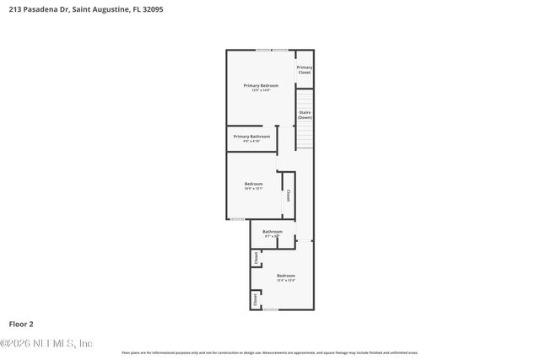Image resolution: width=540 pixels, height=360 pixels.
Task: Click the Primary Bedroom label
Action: pos(261,85)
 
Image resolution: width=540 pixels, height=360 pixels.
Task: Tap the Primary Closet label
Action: pos(305,69)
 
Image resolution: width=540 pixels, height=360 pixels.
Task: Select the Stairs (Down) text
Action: pos(305,115)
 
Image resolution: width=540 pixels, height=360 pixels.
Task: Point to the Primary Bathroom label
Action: pos(251,136)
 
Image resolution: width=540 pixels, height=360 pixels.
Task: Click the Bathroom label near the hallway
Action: pos(272,231)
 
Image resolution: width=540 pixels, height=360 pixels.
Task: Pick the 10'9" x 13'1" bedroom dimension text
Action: pos(253,189)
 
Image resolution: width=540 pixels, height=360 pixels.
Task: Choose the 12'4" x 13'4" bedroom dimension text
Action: pos(286,281)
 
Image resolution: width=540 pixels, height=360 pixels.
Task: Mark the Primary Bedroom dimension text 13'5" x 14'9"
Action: pos(261,90)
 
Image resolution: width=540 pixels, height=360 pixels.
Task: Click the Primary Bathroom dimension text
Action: pos(251,141)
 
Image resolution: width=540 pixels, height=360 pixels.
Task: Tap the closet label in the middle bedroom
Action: pos(288,195)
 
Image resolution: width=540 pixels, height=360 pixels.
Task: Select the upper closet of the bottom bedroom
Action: pos(256,259)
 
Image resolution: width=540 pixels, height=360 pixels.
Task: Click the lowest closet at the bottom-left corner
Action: pos(255,298)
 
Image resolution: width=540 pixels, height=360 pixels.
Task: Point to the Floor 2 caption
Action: pos(21,323)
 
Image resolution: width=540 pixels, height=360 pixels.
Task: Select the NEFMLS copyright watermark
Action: pos(46,343)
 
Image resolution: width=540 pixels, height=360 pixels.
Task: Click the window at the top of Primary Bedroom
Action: pos(272,51)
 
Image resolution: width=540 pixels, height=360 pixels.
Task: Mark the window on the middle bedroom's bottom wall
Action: pos(237,219)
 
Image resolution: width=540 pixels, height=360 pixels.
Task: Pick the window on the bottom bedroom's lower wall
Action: pos(270,309)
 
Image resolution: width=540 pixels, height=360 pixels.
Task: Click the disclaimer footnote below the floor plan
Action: pos(269,352)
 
